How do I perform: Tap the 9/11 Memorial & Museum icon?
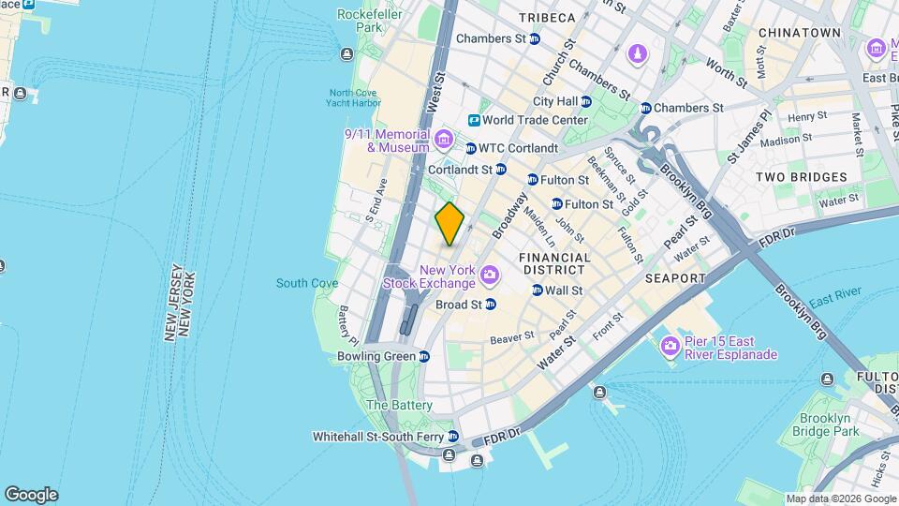444,141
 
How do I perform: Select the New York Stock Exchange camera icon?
488,275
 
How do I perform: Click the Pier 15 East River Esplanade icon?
670,348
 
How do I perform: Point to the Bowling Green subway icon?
424,357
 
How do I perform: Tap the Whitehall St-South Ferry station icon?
453,437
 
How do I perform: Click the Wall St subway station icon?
537,290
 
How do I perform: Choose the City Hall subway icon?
586,101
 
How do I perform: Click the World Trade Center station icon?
474,120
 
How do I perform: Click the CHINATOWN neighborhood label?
799,33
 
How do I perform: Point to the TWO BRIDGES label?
801,177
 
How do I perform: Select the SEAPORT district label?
674,278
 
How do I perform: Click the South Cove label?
307,283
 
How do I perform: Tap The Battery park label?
399,405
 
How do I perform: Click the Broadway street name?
505,216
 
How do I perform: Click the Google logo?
31,495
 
